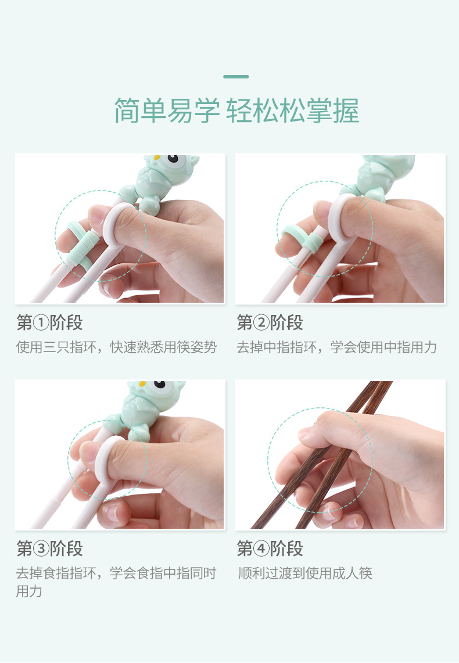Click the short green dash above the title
[236, 77]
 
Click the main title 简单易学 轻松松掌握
[236, 110]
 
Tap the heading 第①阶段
[49, 322]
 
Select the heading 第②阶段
[270, 322]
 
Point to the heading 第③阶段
[49, 549]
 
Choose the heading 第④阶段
[270, 549]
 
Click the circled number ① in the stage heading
[41, 323]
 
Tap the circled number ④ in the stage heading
[261, 549]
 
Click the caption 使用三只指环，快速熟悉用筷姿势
[116, 347]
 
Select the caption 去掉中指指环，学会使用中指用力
[336, 347]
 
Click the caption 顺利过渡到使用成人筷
[304, 574]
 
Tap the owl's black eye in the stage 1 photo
[173, 159]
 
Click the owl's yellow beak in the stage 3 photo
[142, 384]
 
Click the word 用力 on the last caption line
[29, 591]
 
